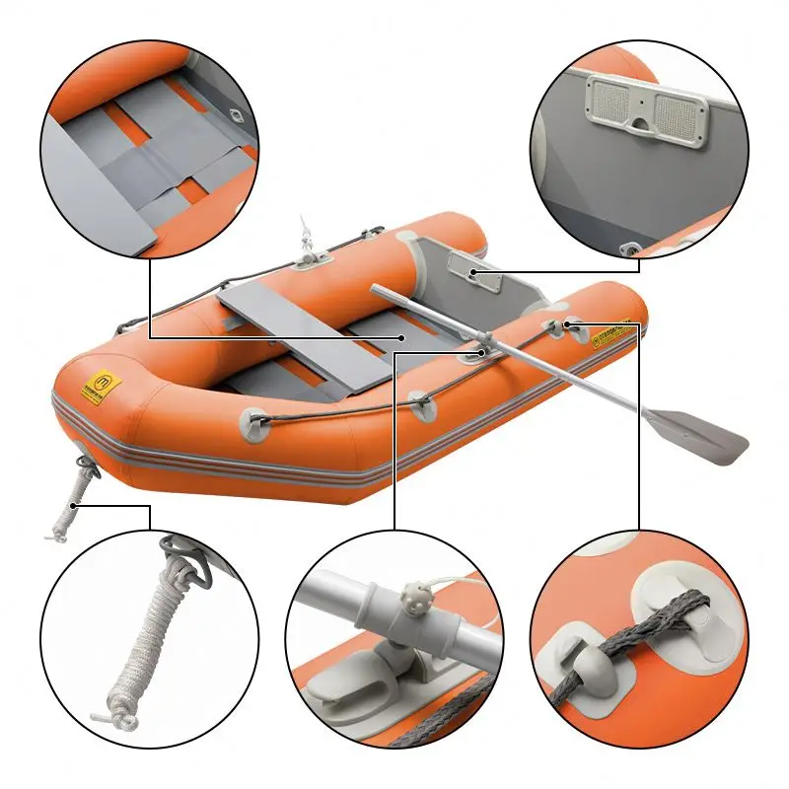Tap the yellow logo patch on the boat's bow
(98, 386)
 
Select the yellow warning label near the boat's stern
(610, 333)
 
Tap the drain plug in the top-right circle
(626, 250)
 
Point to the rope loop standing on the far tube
(303, 237)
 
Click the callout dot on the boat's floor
(403, 336)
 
